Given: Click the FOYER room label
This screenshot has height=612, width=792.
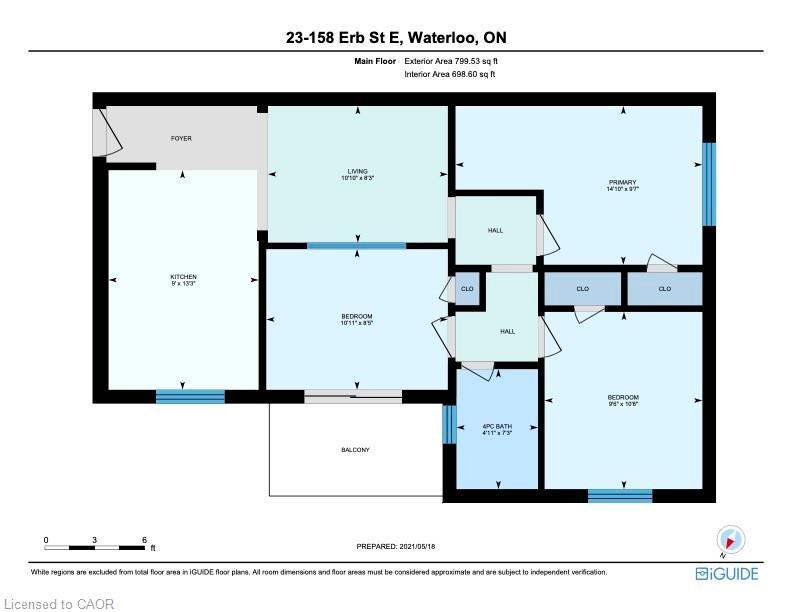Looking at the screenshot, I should coord(180,138).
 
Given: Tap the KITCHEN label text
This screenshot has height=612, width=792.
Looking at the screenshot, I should coord(183,277).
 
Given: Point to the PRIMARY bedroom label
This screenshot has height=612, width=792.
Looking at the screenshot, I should coord(622,182).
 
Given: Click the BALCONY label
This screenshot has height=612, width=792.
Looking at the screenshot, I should coord(355,450).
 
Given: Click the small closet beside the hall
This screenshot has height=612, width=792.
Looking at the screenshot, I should coord(467,289).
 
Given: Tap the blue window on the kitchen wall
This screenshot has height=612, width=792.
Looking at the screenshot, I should coord(190,396).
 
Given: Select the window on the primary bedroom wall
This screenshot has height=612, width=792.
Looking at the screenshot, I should coord(709,184).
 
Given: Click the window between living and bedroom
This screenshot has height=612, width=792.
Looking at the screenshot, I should coord(356,245).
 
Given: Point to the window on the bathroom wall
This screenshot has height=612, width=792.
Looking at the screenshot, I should coord(446,424).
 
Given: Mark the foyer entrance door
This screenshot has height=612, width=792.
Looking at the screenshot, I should coord(100,133).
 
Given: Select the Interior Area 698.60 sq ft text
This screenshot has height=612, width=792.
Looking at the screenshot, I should coord(450,74).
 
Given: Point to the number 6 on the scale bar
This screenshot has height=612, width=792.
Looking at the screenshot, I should coord(144,540).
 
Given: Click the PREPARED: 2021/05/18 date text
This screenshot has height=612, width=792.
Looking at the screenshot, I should coord(397,546).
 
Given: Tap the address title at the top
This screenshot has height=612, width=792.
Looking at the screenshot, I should coord(396,38).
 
